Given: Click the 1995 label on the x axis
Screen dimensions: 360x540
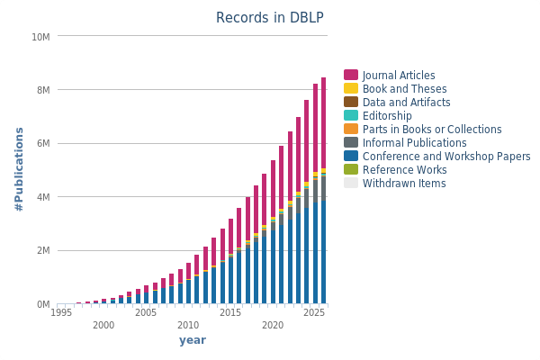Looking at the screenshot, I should [x=61, y=312].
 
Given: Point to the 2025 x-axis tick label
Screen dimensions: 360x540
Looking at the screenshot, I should [x=315, y=312].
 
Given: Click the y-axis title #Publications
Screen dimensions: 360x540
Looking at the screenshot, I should [x=19, y=170].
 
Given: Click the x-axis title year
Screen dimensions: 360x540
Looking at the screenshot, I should [x=193, y=340].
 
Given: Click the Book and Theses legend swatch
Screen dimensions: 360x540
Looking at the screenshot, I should [x=351, y=89].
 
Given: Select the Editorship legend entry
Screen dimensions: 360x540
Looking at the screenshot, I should [x=387, y=116].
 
